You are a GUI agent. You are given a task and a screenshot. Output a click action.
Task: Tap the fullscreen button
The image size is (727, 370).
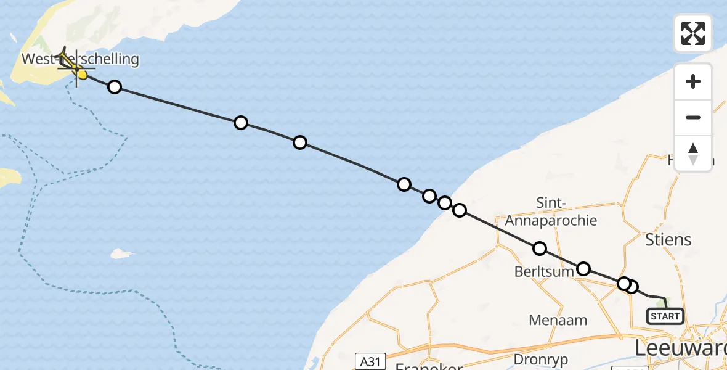(693, 33)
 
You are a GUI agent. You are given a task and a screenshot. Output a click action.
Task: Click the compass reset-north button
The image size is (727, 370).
(693, 154)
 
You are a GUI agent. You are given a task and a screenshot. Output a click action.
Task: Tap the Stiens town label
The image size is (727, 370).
(668, 239)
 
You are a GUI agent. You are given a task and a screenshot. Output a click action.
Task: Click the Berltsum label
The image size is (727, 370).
(544, 272)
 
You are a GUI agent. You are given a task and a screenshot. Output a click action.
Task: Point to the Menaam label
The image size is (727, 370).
(558, 320)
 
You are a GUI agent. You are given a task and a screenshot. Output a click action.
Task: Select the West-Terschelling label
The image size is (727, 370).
(80, 59)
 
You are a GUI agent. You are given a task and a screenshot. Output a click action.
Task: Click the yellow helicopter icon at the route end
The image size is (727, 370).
(68, 60)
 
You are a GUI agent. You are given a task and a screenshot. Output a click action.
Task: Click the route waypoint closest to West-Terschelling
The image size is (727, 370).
(115, 87)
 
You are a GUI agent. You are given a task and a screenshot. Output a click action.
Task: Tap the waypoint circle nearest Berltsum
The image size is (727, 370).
(583, 268)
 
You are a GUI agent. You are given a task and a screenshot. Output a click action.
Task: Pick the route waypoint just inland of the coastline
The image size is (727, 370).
(460, 210)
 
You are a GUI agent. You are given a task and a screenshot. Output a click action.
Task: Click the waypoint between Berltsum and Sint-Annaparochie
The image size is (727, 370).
(540, 249)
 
